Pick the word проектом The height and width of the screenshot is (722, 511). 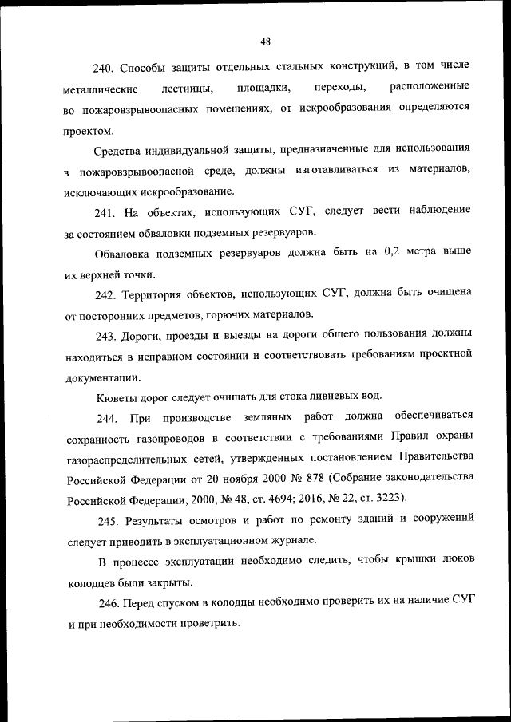pos(88,131)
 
